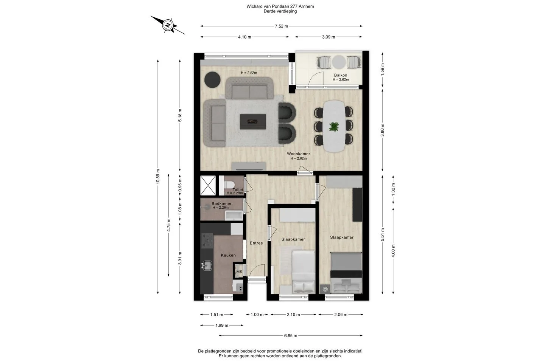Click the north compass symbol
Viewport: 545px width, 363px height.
pyautogui.click(x=168, y=25)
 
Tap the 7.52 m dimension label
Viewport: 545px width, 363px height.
pyautogui.click(x=281, y=26)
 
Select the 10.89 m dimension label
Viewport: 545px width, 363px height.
pyautogui.click(x=158, y=177)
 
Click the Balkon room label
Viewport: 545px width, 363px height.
pyautogui.click(x=340, y=75)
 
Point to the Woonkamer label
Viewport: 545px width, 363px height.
pyautogui.click(x=298, y=154)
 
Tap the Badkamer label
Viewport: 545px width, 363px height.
pyautogui.click(x=221, y=203)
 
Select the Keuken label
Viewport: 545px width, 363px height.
pyautogui.click(x=228, y=255)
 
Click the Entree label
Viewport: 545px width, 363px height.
pyautogui.click(x=256, y=243)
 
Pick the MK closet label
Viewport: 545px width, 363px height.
pyautogui.click(x=239, y=271)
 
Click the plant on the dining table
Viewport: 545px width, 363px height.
pyautogui.click(x=334, y=127)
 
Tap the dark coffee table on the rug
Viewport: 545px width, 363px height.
pyautogui.click(x=252, y=122)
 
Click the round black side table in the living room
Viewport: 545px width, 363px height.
pyautogui.click(x=212, y=79)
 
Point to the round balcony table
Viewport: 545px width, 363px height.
pyautogui.click(x=339, y=62)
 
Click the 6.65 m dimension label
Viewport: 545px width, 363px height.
pyautogui.click(x=291, y=336)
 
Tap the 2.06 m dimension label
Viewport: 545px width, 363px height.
pyautogui.click(x=341, y=315)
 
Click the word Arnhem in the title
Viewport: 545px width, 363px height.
pyautogui.click(x=306, y=6)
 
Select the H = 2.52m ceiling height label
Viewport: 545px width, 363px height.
pyautogui.click(x=249, y=73)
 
